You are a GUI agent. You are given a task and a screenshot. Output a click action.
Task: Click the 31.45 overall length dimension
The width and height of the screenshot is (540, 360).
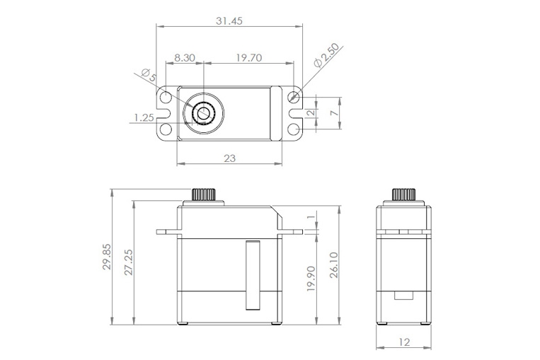pyautogui.click(x=229, y=21)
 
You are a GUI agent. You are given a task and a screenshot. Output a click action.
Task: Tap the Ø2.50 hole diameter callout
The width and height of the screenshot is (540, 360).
pyautogui.click(x=327, y=56)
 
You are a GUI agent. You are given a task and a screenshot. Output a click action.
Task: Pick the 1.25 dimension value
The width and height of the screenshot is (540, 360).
pyautogui.click(x=143, y=118)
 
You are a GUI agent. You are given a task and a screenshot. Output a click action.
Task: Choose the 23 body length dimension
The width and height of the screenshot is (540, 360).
pyautogui.click(x=229, y=158)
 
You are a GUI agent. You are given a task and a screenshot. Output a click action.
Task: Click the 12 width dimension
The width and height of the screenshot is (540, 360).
pyautogui.click(x=404, y=342)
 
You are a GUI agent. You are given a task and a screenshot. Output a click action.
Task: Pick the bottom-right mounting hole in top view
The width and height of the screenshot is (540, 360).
pyautogui.click(x=294, y=128)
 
